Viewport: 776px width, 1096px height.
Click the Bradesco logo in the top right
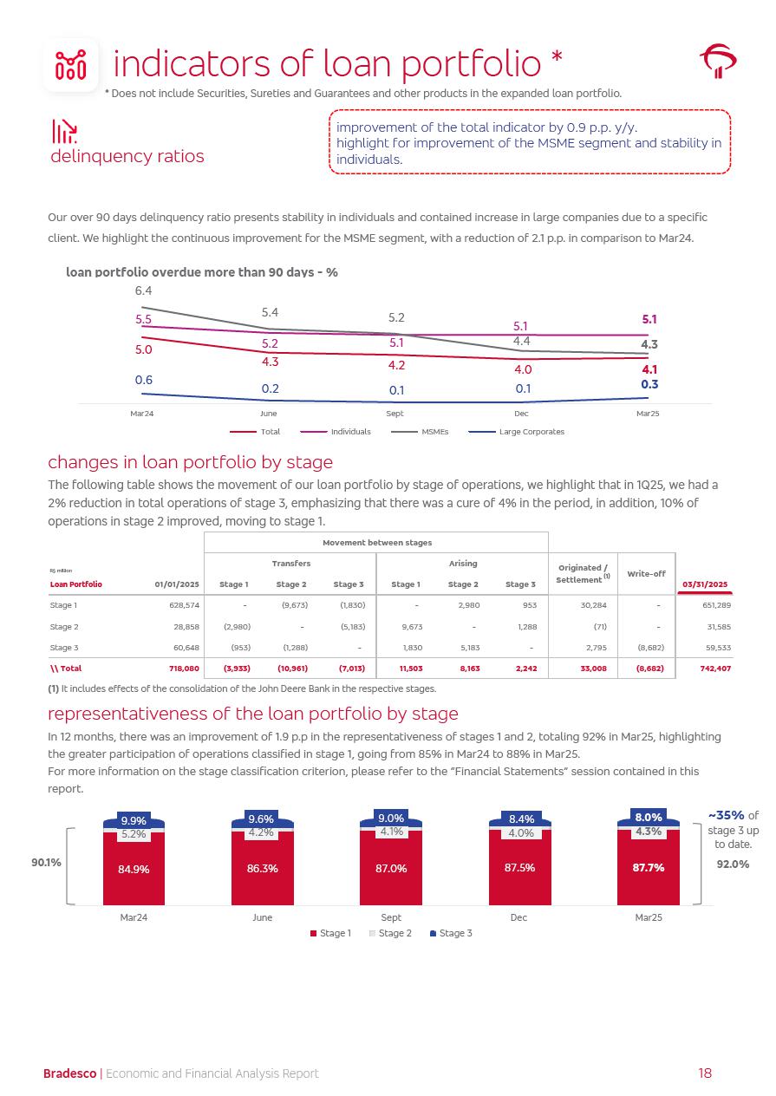(x=718, y=62)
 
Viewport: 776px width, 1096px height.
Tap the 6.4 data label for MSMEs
(x=144, y=290)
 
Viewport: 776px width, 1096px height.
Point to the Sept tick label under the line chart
(x=395, y=414)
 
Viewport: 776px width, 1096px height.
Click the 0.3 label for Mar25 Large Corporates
(x=649, y=384)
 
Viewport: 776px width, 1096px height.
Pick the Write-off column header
(x=645, y=574)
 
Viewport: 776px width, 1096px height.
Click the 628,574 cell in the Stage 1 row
(x=182, y=604)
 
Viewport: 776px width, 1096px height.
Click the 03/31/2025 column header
(x=705, y=584)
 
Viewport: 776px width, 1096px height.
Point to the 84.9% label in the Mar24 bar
(x=134, y=869)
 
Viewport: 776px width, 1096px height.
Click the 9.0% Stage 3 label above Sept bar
(x=391, y=818)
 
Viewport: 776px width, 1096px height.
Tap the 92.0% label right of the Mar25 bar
(x=733, y=864)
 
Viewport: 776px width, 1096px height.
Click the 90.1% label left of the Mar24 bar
(x=47, y=862)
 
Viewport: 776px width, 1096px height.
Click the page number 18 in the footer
(x=705, y=1073)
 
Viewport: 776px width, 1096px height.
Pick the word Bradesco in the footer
(x=70, y=1073)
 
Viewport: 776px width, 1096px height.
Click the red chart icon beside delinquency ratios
(x=65, y=132)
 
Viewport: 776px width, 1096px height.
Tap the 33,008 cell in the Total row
(x=593, y=669)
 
